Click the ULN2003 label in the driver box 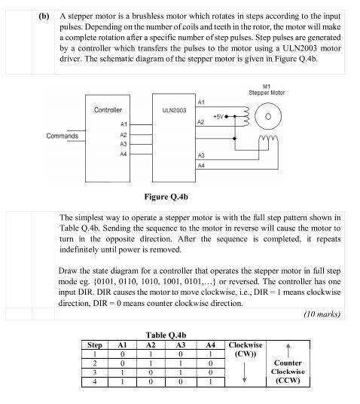174,111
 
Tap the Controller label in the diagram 108,111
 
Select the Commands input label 62,136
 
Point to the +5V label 218,117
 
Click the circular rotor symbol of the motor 267,118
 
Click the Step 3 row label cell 94,372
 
